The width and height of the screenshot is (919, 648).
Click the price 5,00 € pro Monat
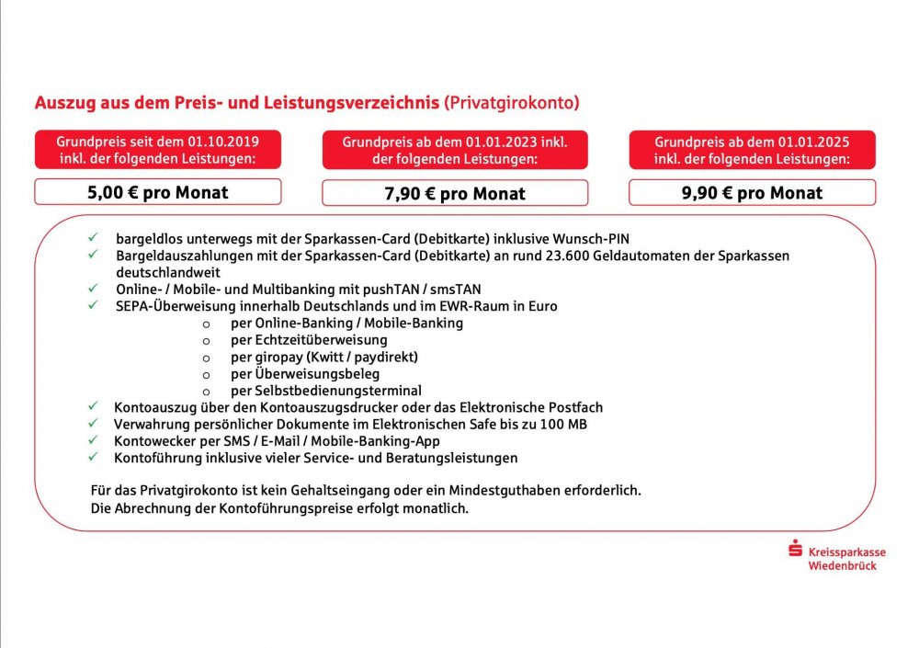pyautogui.click(x=158, y=192)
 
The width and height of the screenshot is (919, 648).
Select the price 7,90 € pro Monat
pyautogui.click(x=455, y=194)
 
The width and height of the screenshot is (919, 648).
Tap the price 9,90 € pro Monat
pyautogui.click(x=752, y=193)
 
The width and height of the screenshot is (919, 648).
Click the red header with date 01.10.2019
pyautogui.click(x=158, y=150)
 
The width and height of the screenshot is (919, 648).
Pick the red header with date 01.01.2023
pyautogui.click(x=455, y=150)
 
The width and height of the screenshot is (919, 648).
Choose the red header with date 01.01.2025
pyautogui.click(x=752, y=150)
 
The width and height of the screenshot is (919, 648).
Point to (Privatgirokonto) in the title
pyautogui.click(x=512, y=103)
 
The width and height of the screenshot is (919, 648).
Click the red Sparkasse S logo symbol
pyautogui.click(x=796, y=552)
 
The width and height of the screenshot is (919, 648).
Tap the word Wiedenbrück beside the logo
pyautogui.click(x=842, y=565)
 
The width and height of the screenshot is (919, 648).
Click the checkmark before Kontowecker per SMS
pyautogui.click(x=92, y=440)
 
